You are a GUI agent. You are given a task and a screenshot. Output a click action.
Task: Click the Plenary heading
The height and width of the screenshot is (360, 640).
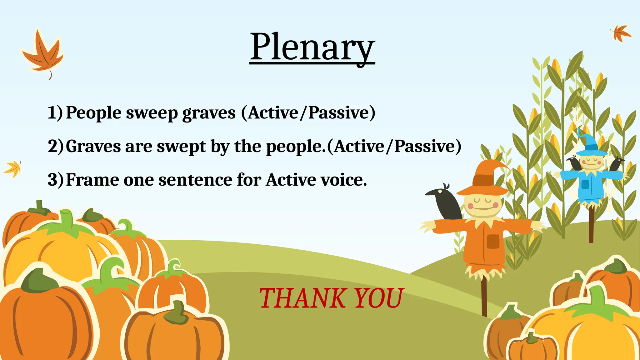click(x=312, y=47)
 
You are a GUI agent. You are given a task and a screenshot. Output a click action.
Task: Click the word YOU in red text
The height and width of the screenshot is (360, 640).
click(x=378, y=298)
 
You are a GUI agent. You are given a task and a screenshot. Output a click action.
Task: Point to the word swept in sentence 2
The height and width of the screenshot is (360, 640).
click(x=181, y=146)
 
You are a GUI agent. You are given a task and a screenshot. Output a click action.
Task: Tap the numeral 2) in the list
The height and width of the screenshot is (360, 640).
click(x=55, y=146)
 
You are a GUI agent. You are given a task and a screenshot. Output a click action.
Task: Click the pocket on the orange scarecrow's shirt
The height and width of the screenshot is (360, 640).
click(x=493, y=241)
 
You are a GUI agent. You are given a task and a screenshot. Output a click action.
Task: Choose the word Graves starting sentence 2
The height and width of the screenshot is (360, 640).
click(x=93, y=146)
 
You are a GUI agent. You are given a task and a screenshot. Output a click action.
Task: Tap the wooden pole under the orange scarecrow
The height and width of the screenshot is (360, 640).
click(x=484, y=297)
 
